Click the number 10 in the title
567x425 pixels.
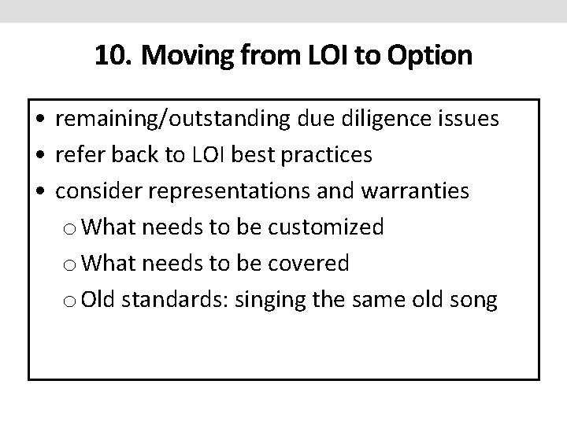[x=109, y=56]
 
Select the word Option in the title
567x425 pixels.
[x=432, y=56]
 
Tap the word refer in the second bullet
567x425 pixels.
[x=77, y=156]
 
